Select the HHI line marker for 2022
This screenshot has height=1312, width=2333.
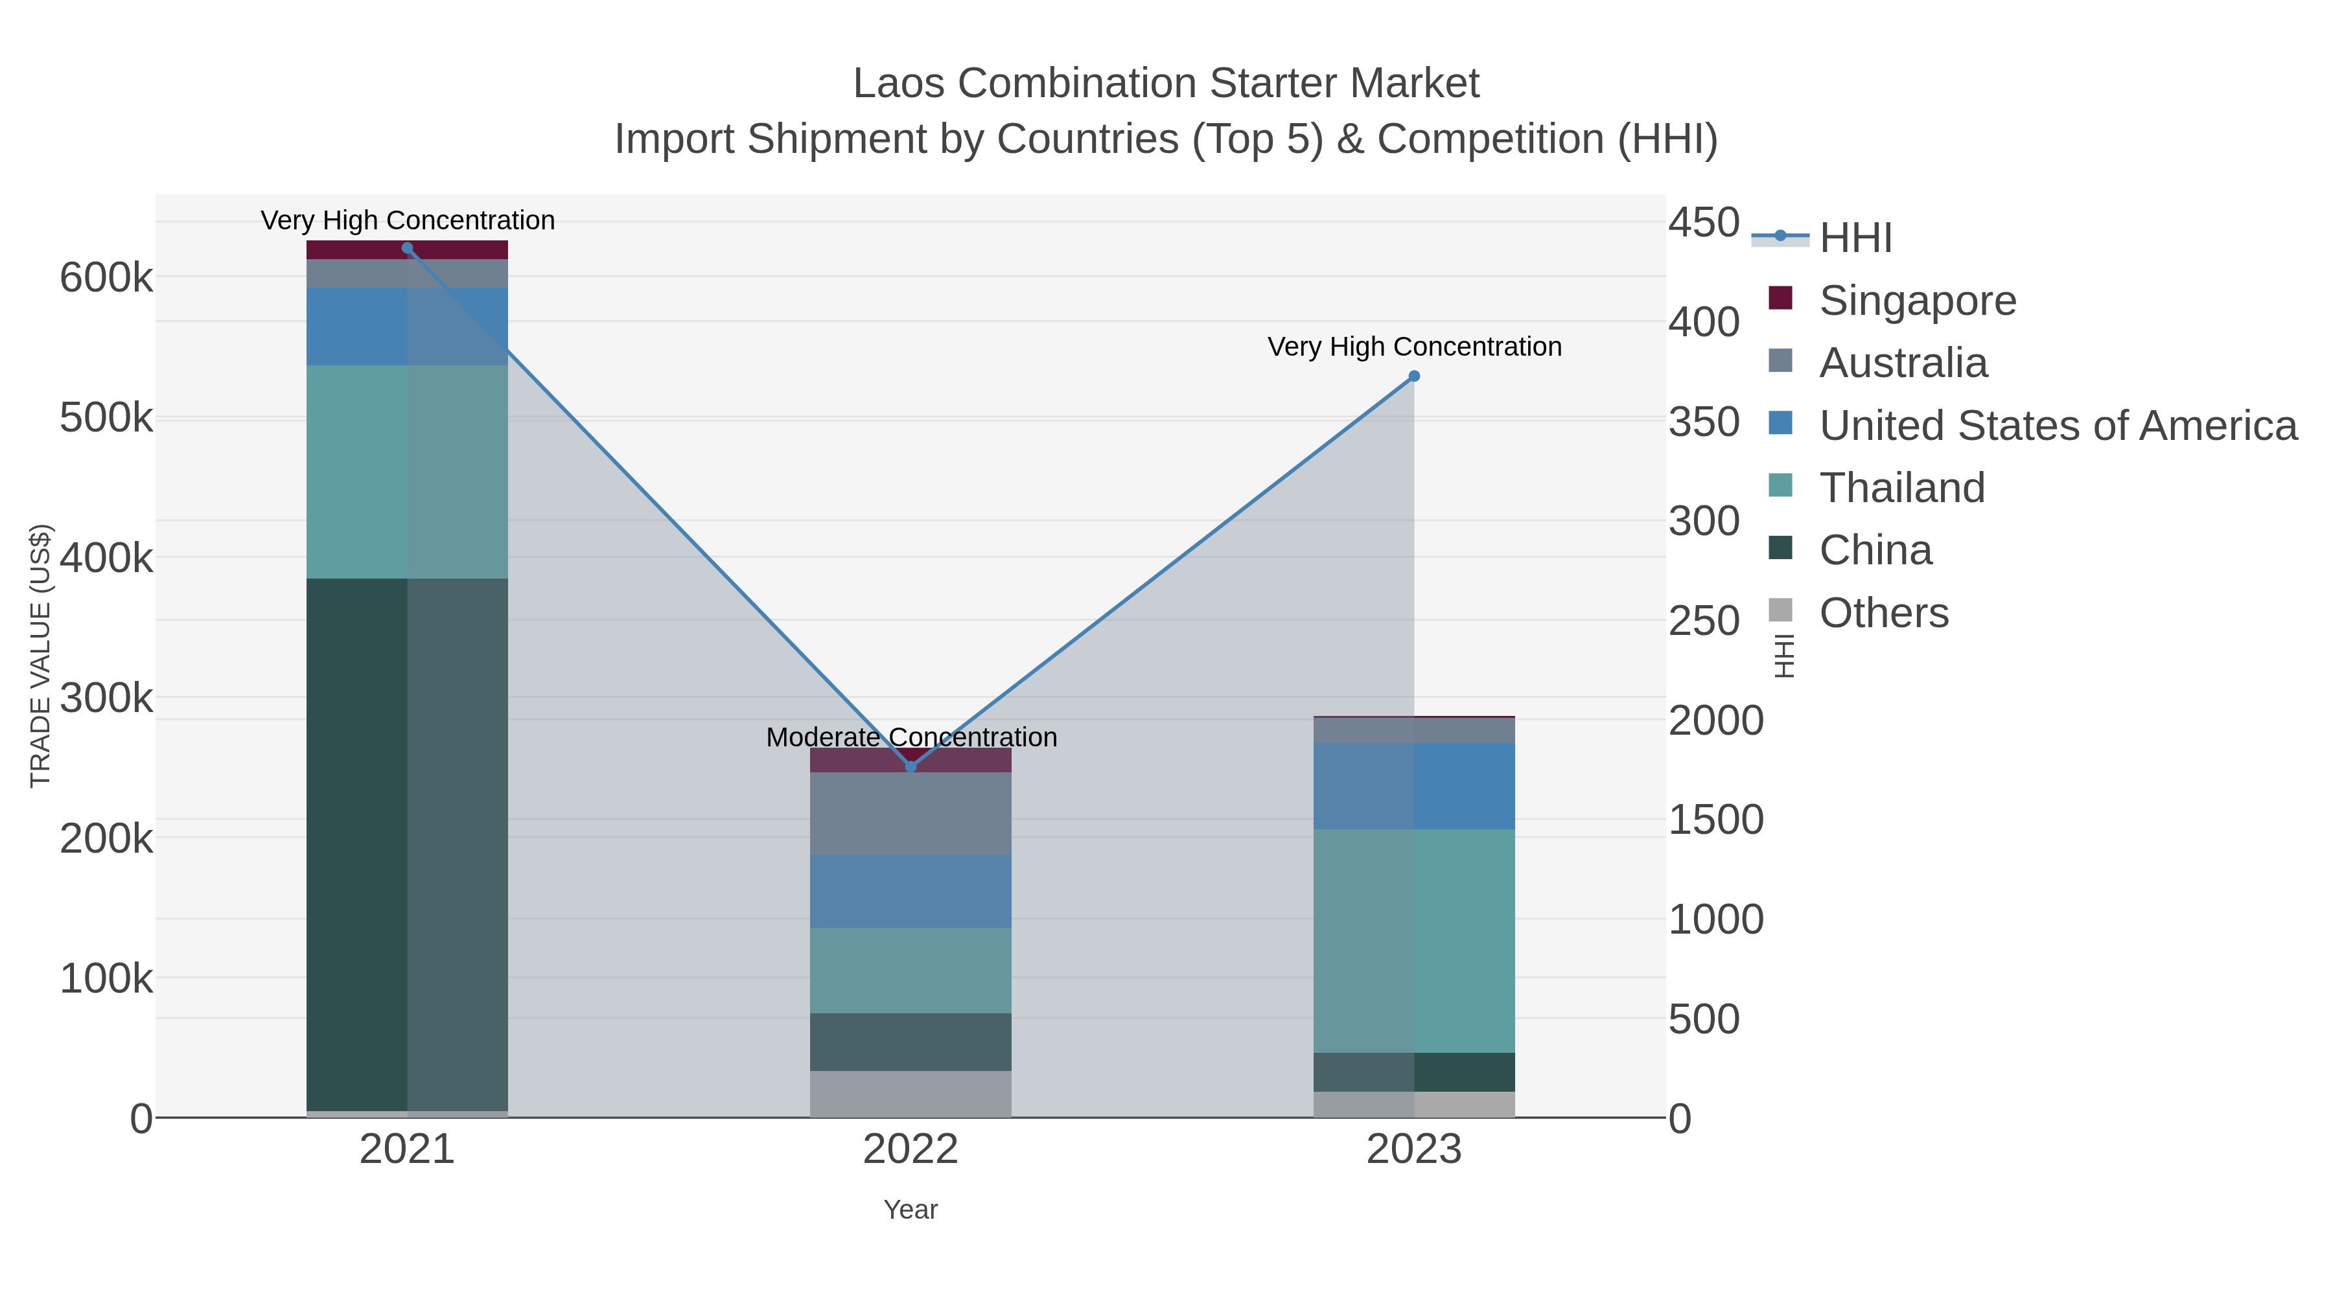(911, 767)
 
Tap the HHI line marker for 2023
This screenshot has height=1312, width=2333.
(1414, 376)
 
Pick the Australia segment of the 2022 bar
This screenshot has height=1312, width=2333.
(911, 813)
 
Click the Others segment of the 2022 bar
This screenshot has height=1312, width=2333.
(911, 1094)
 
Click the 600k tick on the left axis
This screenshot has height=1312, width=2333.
(106, 278)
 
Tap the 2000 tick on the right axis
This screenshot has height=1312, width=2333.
(1715, 720)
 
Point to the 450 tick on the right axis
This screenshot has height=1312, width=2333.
(1704, 223)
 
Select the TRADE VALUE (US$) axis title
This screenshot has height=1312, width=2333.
(41, 656)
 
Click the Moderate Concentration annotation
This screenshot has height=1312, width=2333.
(911, 737)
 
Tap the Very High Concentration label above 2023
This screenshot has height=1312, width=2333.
(1414, 347)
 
